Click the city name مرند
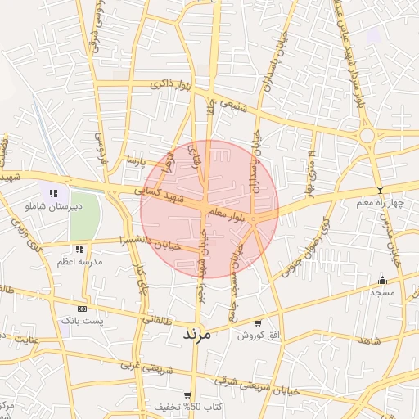pyautogui.click(x=196, y=334)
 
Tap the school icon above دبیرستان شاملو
pyautogui.click(x=53, y=194)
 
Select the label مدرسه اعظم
pyautogui.click(x=79, y=261)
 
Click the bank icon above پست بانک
pyautogui.click(x=81, y=309)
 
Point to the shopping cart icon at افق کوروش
pyautogui.click(x=259, y=323)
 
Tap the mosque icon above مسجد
pyautogui.click(x=382, y=280)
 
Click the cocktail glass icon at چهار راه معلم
pyautogui.click(x=379, y=190)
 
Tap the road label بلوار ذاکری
pyautogui.click(x=173, y=85)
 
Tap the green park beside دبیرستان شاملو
pyautogui.click(x=85, y=217)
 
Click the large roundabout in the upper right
pyautogui.click(x=367, y=135)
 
